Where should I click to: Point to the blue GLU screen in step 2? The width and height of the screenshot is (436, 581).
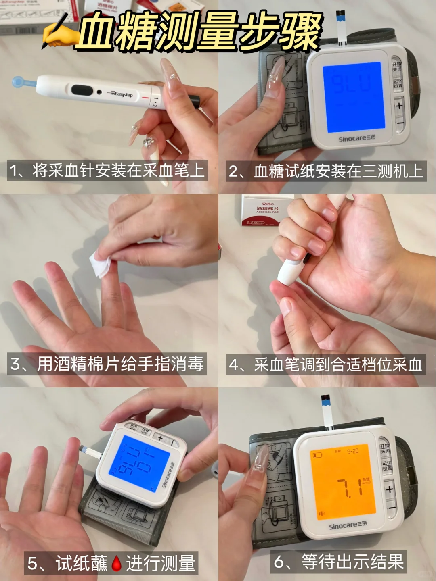[352, 97]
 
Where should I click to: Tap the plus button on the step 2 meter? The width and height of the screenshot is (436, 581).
[399, 106]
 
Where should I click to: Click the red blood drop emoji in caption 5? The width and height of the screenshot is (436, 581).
[117, 563]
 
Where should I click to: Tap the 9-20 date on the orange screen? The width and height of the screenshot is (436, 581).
[353, 451]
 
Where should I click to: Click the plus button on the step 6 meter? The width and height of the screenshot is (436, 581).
[390, 490]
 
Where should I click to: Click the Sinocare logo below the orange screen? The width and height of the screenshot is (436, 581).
[348, 526]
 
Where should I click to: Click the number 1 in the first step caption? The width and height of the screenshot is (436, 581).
[14, 171]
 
